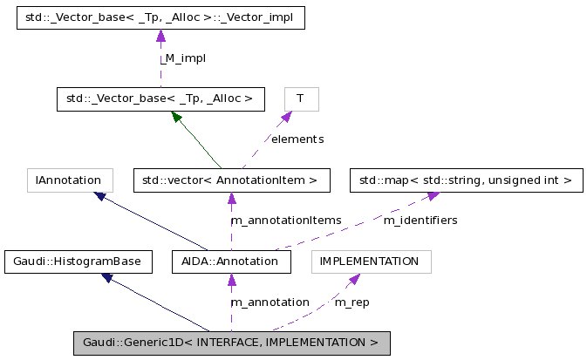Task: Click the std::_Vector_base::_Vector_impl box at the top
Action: point(160,18)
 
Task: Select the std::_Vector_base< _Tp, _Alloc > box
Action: point(160,98)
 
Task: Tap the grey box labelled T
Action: point(301,98)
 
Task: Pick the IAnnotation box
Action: point(70,180)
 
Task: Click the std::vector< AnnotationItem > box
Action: point(231,180)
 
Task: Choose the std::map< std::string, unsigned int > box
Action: point(467,180)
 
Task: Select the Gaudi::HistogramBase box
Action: point(78,261)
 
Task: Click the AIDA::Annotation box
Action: point(230,261)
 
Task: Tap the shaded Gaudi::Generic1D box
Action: point(231,343)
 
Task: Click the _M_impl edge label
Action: point(183,58)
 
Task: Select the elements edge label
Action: point(297,139)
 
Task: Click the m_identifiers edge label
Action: point(420,221)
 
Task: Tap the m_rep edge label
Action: point(352,302)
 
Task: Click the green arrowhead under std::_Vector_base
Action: point(176,116)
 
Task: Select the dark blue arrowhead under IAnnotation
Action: point(101,197)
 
